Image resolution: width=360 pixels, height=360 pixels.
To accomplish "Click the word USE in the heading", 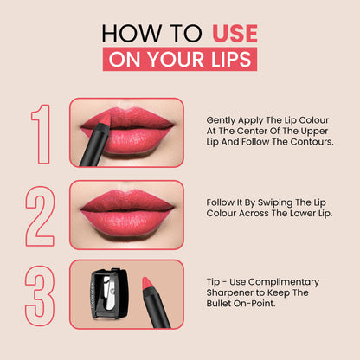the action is coord(235,34).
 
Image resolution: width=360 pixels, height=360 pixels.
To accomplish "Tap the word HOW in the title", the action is coord(132,34).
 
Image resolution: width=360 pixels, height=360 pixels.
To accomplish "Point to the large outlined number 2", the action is coord(40,216).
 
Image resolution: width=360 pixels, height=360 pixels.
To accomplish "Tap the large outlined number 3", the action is coord(40,296).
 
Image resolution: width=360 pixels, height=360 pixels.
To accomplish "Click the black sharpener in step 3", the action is coord(110,293).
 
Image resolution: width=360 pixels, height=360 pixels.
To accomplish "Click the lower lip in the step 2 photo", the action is coord(127,222).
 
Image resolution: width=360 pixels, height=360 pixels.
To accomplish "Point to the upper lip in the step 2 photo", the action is coord(127,201).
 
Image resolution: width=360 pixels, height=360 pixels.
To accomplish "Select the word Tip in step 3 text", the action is coord(211,282).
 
